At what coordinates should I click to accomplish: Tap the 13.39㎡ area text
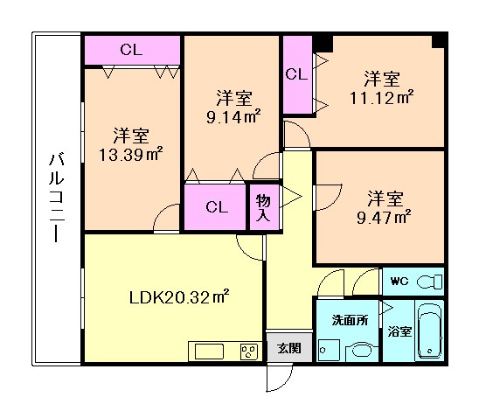[x=131, y=155]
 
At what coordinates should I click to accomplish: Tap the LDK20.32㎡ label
[x=172, y=296]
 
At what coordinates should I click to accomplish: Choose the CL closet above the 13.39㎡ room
[x=131, y=50]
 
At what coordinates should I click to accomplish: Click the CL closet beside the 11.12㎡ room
[x=296, y=75]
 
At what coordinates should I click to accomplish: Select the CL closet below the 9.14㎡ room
[x=217, y=207]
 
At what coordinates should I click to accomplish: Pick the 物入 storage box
[x=262, y=208]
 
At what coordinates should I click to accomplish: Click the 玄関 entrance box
[x=288, y=347]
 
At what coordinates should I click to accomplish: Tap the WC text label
[x=399, y=281]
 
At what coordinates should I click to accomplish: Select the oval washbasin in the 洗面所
[x=359, y=351]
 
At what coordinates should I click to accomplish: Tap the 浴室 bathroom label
[x=399, y=333]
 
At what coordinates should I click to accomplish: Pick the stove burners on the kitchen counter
[x=249, y=352]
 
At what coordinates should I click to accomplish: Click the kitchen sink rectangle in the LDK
[x=210, y=352]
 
